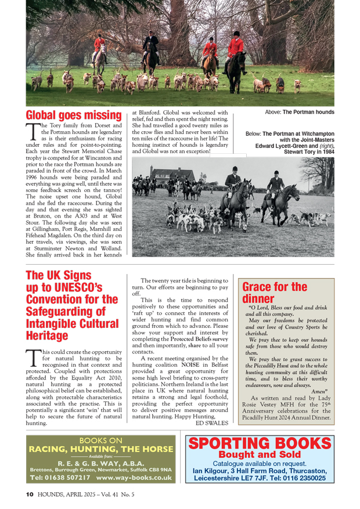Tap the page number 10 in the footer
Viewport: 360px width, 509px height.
[30, 494]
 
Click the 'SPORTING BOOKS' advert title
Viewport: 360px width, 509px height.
[260, 444]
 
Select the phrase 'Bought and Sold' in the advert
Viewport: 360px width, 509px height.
[260, 455]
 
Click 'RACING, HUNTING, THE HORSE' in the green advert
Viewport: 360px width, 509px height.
[101, 449]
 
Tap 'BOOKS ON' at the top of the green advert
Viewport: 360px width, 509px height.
[100, 440]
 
